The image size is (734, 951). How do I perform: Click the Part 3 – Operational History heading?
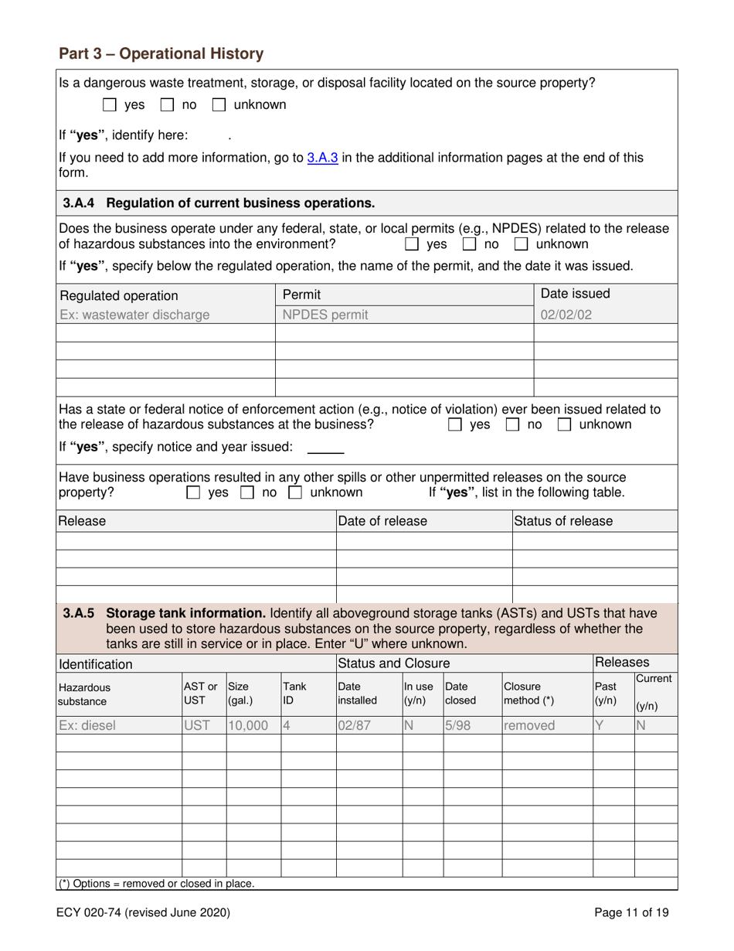pyautogui.click(x=161, y=54)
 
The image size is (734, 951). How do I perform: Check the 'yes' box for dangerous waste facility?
pyautogui.click(x=110, y=104)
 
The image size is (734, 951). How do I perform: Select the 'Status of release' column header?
pyautogui.click(x=564, y=521)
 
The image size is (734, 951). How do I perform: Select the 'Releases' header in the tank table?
pyautogui.click(x=622, y=663)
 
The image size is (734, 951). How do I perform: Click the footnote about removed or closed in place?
pyautogui.click(x=157, y=883)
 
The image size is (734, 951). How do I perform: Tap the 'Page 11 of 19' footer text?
pyautogui.click(x=631, y=912)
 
